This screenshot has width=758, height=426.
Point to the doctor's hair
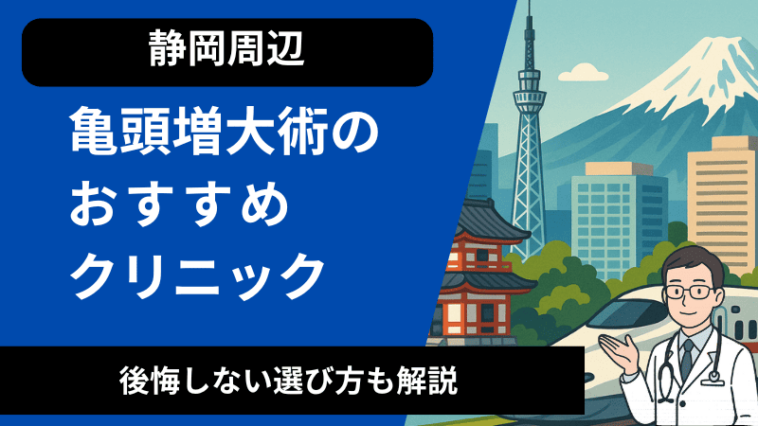tap(692, 258)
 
